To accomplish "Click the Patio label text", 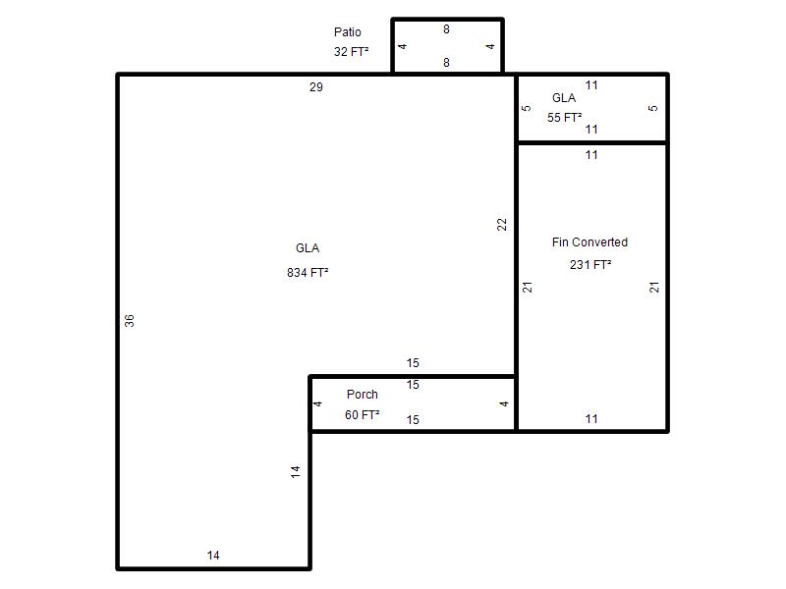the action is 348,32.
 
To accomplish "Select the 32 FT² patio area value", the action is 352,52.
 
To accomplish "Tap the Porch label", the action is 363,395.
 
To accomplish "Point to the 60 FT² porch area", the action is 363,414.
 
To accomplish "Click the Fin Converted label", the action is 590,242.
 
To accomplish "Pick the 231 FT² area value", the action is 590,264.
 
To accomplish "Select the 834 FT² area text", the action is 308,273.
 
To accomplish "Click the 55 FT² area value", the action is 564,118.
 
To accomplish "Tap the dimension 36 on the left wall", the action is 130,321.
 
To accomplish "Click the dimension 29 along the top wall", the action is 316,87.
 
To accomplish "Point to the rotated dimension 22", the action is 502,225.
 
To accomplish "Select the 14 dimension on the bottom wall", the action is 213,556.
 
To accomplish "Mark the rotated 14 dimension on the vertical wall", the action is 296,471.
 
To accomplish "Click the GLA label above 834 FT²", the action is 308,248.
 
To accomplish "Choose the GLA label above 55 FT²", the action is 564,98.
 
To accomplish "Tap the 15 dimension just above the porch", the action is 413,363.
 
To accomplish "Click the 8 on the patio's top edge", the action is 446,29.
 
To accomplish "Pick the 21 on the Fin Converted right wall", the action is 654,287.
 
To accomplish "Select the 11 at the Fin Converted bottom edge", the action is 591,419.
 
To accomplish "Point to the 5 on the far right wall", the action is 652,108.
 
